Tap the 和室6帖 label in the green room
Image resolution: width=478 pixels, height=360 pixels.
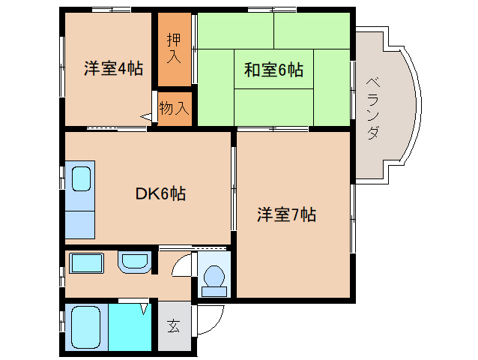click(273, 70)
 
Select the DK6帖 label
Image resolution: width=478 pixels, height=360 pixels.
click(160, 194)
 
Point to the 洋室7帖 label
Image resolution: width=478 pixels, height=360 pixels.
click(286, 215)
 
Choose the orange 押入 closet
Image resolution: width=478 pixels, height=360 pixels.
click(174, 49)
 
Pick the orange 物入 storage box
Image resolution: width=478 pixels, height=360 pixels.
click(174, 108)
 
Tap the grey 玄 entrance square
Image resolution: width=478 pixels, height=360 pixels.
click(174, 326)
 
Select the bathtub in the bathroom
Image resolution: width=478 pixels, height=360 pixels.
click(85, 327)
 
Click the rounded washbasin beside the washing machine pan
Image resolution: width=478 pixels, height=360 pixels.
click(135, 262)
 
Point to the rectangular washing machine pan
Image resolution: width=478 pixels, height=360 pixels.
click(85, 263)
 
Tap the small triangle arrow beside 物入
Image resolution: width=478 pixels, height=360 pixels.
click(146, 116)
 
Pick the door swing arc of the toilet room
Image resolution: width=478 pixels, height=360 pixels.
click(180, 266)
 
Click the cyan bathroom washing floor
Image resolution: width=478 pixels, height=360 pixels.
click(129, 327)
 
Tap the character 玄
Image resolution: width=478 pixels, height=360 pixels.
click(174, 326)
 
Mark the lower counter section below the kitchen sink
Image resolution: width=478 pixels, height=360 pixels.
click(81, 222)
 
